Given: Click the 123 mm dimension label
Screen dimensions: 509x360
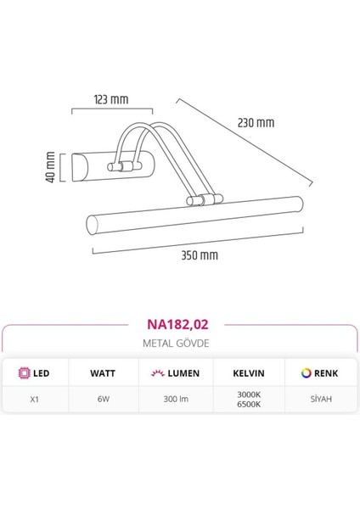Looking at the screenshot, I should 112,99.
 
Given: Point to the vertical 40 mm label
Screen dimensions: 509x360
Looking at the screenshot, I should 50,167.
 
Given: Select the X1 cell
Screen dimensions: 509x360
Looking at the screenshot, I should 34,399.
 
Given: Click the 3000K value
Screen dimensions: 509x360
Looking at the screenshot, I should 250,394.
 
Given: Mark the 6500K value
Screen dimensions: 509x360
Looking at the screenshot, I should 250,405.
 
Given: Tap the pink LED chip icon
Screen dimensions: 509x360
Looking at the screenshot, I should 24,373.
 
